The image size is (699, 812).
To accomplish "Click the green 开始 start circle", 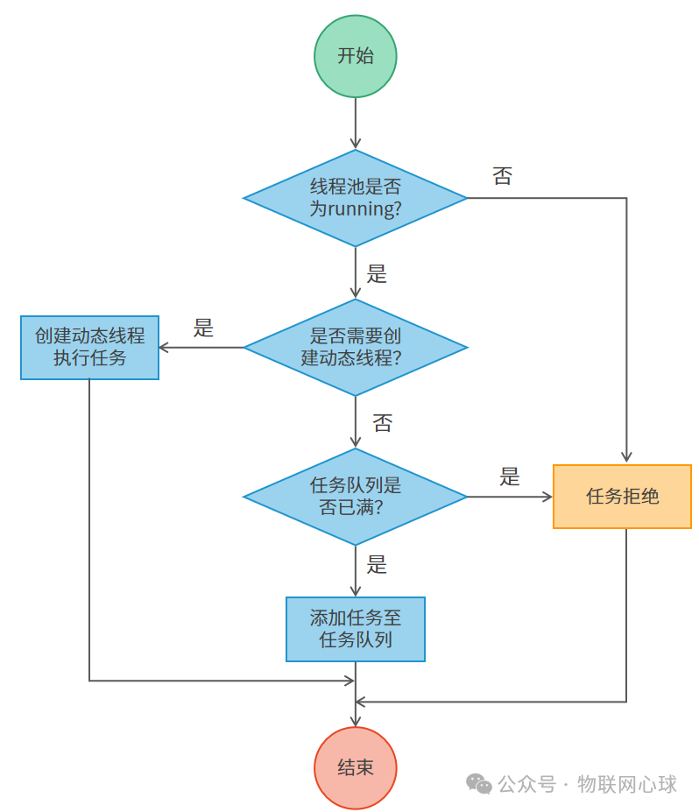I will point(355,56).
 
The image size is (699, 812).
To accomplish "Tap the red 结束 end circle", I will point(355,767).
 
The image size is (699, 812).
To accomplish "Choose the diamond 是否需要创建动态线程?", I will point(355,347).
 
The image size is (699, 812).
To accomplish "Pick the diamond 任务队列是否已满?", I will point(355,497).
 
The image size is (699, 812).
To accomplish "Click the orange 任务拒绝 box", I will point(622,497).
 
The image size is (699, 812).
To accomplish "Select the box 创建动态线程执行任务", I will point(89,347).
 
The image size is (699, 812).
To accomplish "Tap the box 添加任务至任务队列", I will point(355,629).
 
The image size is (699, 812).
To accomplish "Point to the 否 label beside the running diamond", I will point(502,176).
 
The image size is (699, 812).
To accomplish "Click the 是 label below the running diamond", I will point(377,274).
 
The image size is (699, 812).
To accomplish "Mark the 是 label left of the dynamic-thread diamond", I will point(203,328).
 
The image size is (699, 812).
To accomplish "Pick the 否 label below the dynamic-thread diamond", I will point(383,424).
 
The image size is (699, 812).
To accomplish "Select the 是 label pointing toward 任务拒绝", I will point(510,477).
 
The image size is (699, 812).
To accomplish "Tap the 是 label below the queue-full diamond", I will point(377,565).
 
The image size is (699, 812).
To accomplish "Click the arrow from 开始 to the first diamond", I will point(355,123).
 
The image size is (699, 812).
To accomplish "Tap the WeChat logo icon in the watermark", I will point(479,783).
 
